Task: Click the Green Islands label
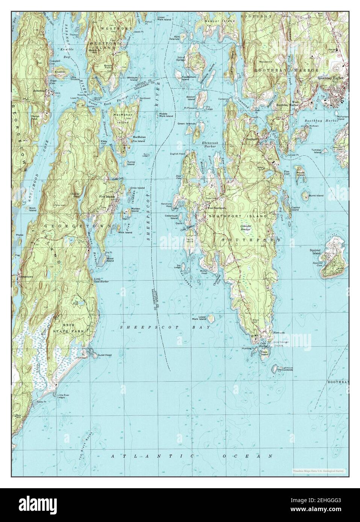tap(186, 123)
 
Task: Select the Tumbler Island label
tap(316, 151)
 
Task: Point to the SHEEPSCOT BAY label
tap(164, 327)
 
